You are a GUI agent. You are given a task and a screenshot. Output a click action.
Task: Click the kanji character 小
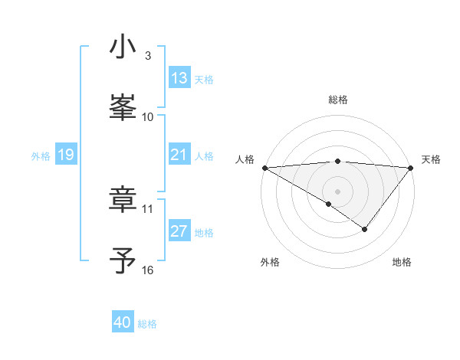(x=123, y=47)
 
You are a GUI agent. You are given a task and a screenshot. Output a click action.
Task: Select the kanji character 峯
(x=123, y=109)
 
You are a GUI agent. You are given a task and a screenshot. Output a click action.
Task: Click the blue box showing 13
(x=179, y=78)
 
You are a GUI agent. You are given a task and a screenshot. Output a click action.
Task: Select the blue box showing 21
(x=179, y=155)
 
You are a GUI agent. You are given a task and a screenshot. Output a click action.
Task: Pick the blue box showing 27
(x=179, y=231)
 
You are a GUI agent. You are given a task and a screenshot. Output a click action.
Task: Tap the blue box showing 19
(x=66, y=155)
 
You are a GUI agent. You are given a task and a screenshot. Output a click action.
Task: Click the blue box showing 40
(x=123, y=322)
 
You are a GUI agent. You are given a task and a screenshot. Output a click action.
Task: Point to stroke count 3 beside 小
(x=148, y=55)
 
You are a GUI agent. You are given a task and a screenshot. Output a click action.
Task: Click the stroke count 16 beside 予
(x=148, y=270)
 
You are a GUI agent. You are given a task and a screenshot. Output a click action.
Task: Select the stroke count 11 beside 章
(x=148, y=208)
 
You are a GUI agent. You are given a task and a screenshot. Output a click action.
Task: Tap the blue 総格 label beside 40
(x=147, y=324)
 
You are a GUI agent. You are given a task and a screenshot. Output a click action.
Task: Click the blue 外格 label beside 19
(x=41, y=155)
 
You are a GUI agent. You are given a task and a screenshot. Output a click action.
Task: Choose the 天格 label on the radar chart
(x=431, y=159)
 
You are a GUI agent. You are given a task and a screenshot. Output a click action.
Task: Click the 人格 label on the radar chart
(x=245, y=159)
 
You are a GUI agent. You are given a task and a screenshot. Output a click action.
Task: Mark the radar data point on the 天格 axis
(x=411, y=168)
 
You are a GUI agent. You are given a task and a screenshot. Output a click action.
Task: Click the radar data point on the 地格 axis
(x=365, y=229)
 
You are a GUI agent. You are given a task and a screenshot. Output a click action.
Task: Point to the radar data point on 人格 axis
(x=264, y=168)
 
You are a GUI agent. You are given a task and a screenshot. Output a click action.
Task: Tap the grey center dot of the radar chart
(x=337, y=191)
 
